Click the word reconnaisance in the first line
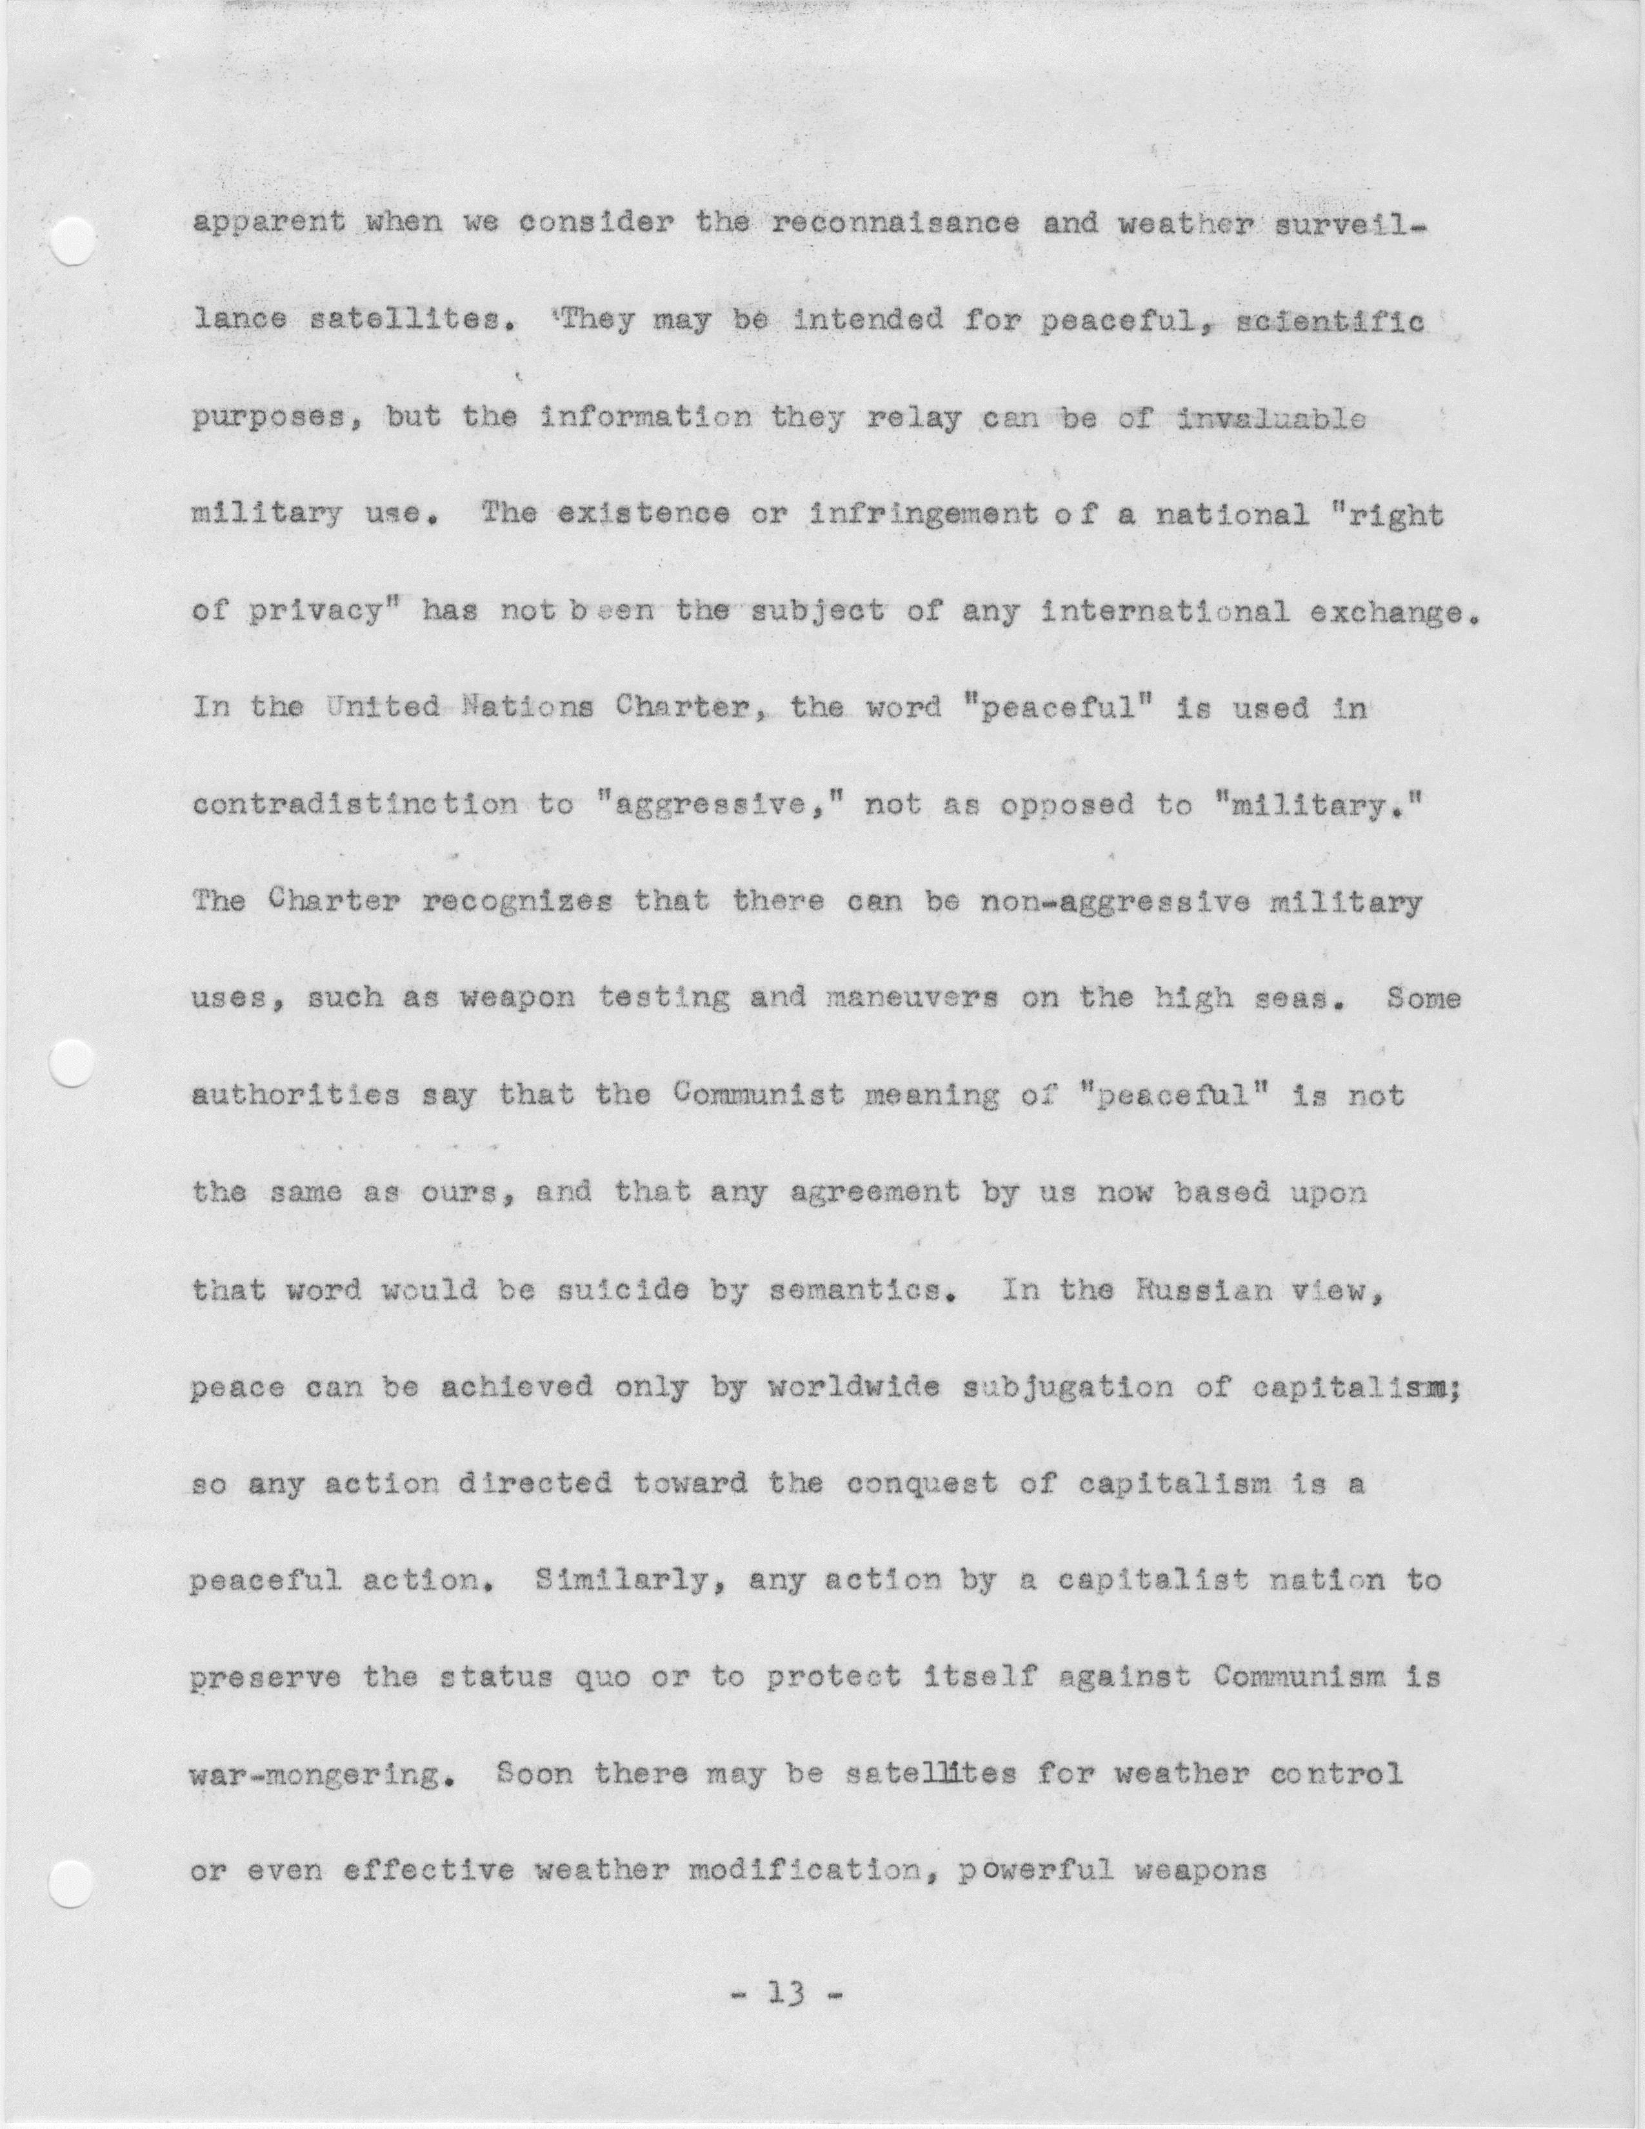pos(895,223)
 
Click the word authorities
pos(295,1097)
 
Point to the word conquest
pos(922,1484)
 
